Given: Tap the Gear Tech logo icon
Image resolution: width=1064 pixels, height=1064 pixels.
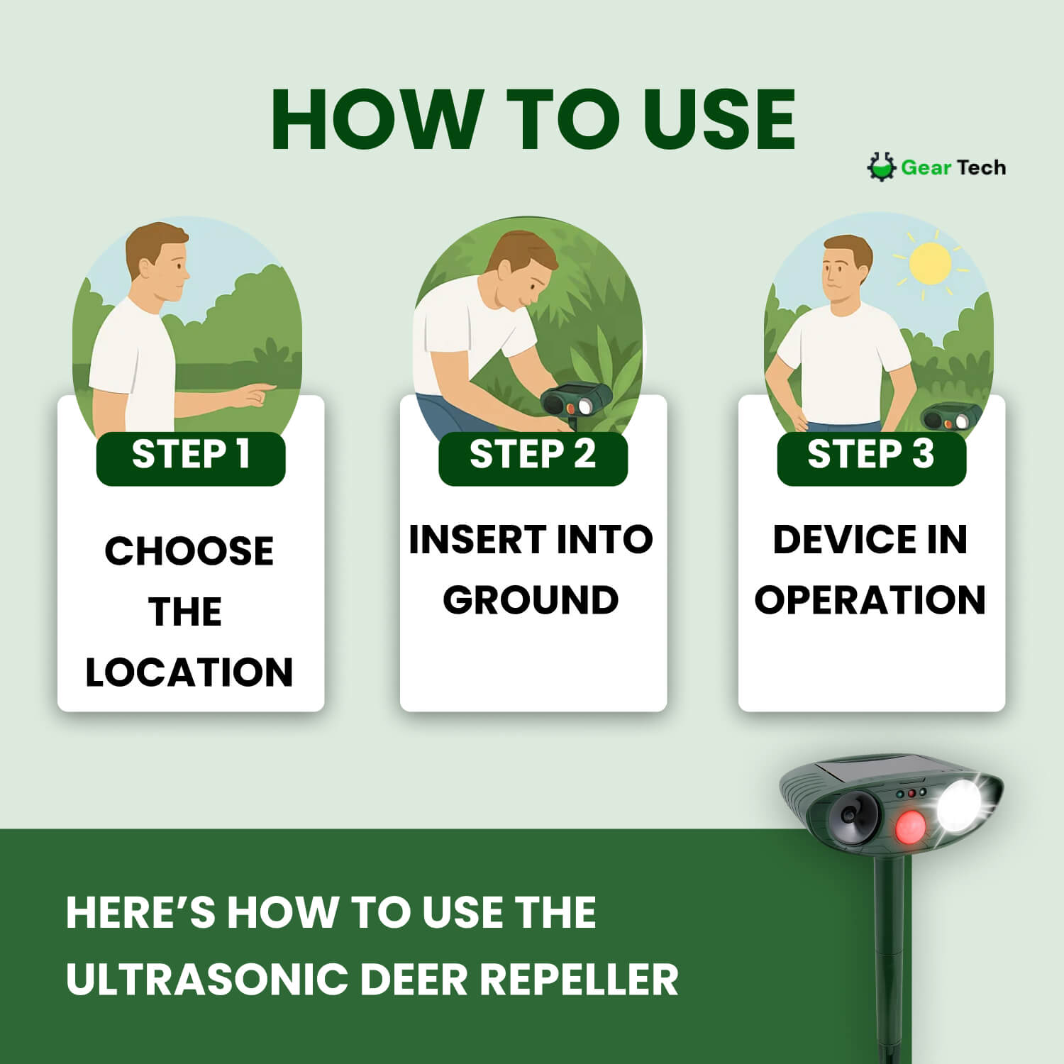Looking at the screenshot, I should pos(881,167).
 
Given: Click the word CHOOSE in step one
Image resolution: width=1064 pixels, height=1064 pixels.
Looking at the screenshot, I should pos(189,551).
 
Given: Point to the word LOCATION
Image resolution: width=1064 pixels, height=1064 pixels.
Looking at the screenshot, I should pos(189,672).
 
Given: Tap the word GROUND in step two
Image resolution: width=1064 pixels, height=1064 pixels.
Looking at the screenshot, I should pos(531,600).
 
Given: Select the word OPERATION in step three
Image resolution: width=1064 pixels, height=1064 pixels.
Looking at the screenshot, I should pos(870,600).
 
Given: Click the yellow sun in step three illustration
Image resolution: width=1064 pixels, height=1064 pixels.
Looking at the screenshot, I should pos(929,263).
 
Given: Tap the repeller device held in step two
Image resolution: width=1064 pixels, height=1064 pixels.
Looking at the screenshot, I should pos(576,401).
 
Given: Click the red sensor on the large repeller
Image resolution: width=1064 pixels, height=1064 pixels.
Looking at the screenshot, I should pos(910,827).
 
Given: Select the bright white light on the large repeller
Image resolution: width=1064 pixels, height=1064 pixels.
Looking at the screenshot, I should pos(959,807).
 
